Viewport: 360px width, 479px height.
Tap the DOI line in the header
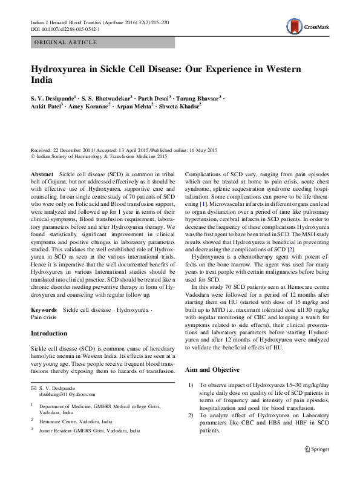pyautogui.click(x=66, y=28)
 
